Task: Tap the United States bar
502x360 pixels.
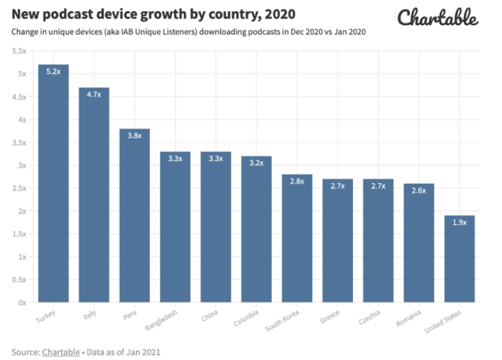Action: tap(459, 259)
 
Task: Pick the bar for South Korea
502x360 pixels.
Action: tap(297, 238)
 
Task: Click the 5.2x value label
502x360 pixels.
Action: tap(53, 72)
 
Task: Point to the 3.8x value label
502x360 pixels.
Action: tap(134, 136)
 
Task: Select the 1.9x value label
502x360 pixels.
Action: tap(459, 222)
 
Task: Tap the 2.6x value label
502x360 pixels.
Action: tap(419, 190)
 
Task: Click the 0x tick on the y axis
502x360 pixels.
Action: tap(22, 303)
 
